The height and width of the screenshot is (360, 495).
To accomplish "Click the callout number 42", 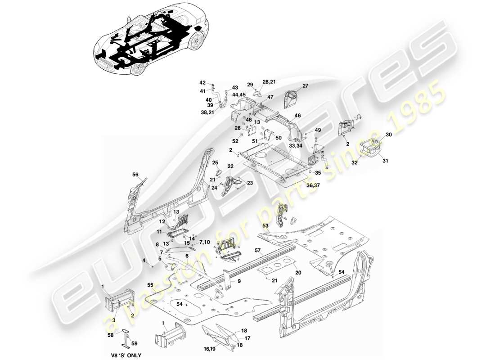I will tap(202, 83).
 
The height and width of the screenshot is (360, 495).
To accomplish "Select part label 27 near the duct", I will tap(305, 86).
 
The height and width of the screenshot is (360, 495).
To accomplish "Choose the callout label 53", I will tap(265, 225).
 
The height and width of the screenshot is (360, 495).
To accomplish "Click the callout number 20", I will tap(298, 273).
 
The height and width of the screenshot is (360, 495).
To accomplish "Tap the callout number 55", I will tap(150, 285).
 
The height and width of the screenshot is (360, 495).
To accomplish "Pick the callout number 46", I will tap(297, 116).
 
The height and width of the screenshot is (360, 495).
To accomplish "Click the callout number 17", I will tap(247, 338).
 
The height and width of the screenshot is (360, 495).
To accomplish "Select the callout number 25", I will tap(215, 162).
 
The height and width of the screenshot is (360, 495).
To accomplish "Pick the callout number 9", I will tap(239, 281).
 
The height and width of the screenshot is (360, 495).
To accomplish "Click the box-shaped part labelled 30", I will tap(370, 148).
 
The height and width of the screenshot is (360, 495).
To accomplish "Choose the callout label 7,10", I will tap(204, 242).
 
